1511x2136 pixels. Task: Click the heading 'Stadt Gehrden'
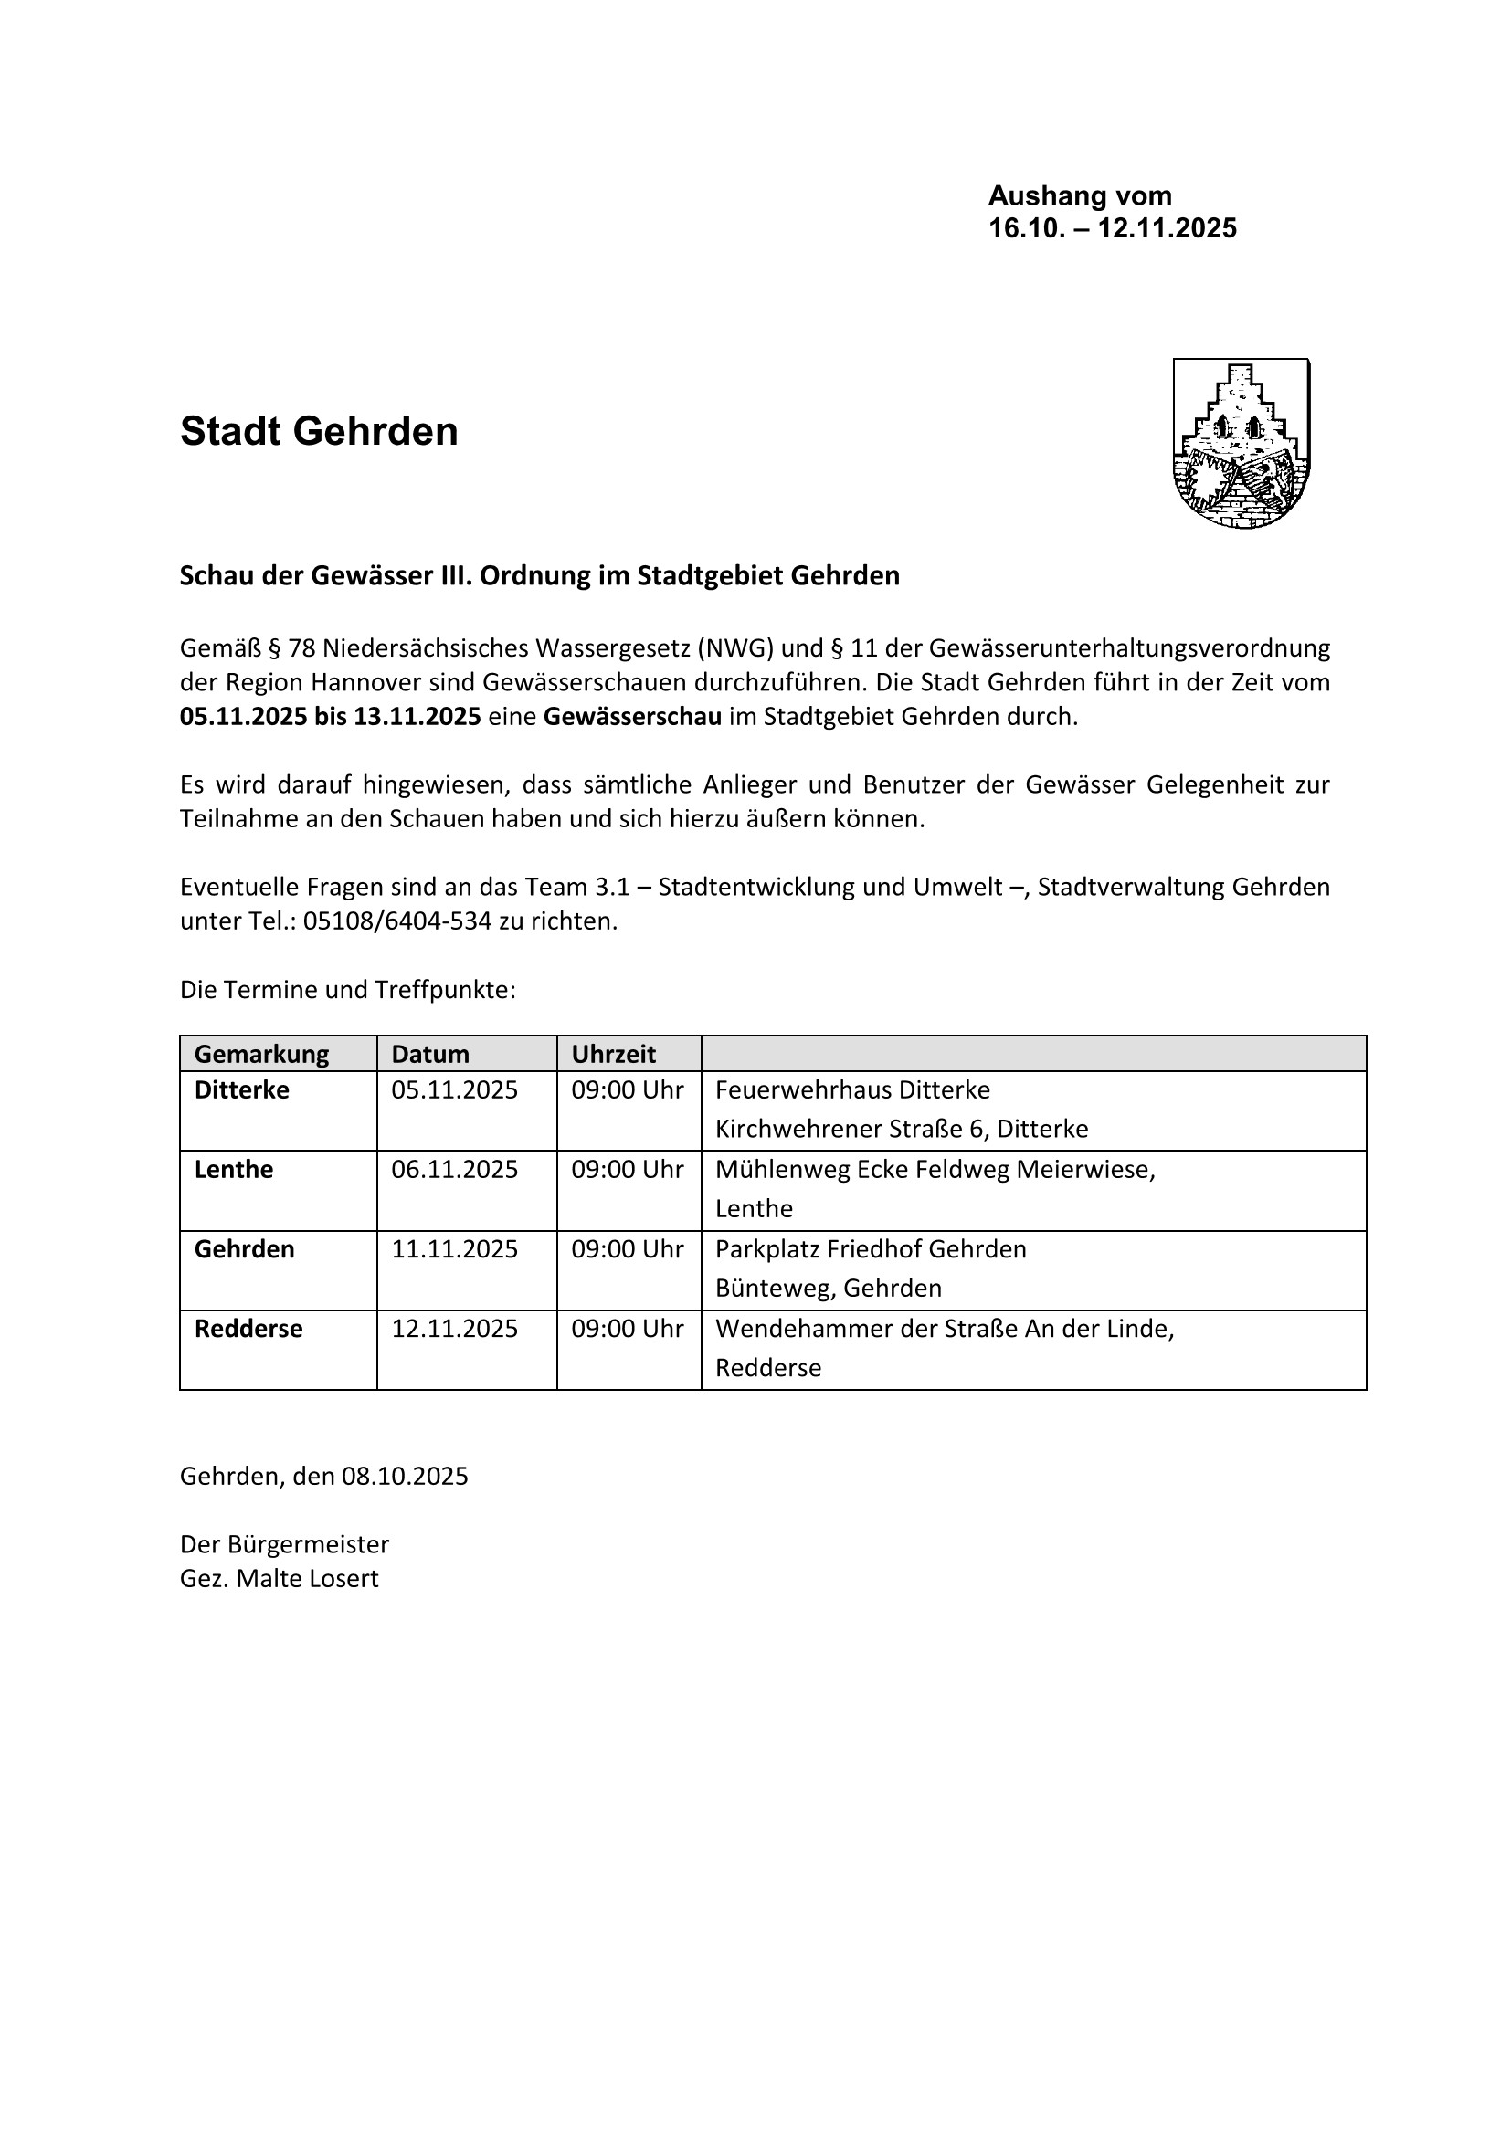(x=319, y=432)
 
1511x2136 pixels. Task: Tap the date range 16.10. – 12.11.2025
(x=1112, y=228)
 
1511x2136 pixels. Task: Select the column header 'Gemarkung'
(x=261, y=1054)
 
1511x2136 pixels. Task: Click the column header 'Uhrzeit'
(x=613, y=1054)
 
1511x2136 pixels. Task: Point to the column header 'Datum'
(x=430, y=1054)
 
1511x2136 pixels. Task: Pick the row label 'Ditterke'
(x=242, y=1089)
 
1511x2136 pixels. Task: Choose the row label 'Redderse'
(x=248, y=1329)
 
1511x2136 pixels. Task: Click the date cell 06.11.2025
(x=454, y=1170)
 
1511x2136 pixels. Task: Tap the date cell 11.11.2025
(x=454, y=1249)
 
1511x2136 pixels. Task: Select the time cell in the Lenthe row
(x=627, y=1170)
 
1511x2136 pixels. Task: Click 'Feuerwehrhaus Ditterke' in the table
(x=852, y=1089)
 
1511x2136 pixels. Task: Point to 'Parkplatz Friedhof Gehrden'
(x=871, y=1249)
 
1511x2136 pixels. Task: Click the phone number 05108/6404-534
(x=397, y=922)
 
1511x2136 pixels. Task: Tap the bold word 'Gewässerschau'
(x=633, y=717)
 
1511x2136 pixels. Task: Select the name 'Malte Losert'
(x=307, y=1579)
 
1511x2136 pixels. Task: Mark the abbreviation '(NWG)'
(x=735, y=647)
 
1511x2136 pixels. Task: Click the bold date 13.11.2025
(x=417, y=717)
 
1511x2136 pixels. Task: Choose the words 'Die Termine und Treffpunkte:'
(x=348, y=990)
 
